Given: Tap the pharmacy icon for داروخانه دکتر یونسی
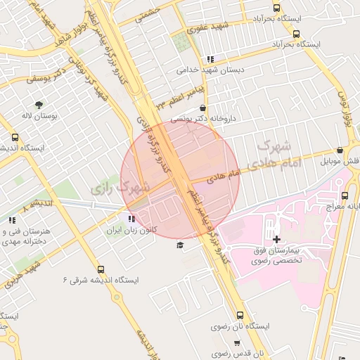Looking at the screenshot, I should coord(203,108).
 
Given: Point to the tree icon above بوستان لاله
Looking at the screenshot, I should coord(38,105).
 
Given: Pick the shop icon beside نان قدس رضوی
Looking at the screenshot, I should coord(237,344).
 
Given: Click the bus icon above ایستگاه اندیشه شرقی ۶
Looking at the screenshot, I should coord(100,269).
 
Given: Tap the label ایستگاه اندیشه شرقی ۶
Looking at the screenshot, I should coord(101,280).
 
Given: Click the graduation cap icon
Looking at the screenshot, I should coord(180,245).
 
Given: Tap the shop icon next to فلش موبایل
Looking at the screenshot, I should coord(340,150).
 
